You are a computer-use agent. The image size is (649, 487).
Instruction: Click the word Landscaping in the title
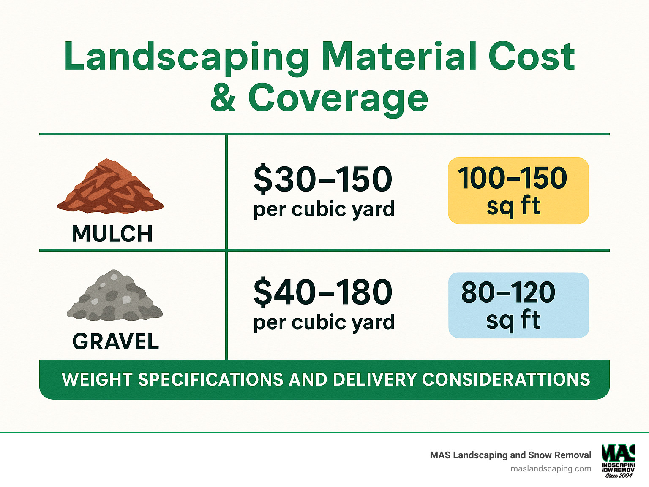point(186,57)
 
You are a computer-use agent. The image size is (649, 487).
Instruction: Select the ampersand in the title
point(223,98)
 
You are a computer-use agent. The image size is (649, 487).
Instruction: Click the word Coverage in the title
point(338,98)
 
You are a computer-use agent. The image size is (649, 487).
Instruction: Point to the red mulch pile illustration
point(110,186)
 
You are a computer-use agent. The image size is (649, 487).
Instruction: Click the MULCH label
point(112,234)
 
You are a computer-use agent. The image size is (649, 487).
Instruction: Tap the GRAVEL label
point(115,341)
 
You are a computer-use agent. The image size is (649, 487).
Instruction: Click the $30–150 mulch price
point(323,179)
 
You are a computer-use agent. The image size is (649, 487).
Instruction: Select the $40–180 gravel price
point(323,292)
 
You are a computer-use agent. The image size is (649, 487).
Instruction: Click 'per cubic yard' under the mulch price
point(324,209)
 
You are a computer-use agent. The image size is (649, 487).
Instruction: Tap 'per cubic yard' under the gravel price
point(324,322)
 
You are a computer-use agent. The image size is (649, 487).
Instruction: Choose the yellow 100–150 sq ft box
point(518,191)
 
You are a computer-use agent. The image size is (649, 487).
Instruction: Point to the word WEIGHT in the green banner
point(97,380)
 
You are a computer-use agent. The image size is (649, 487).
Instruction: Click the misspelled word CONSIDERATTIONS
point(506,380)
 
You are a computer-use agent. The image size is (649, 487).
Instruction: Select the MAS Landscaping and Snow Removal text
point(510,455)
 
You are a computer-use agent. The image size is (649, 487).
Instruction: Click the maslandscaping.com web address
point(551,468)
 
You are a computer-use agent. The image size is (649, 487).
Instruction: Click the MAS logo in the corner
point(619,460)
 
